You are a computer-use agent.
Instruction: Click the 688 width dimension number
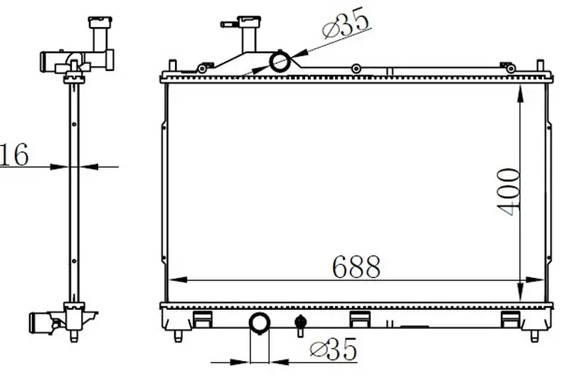tap(356, 266)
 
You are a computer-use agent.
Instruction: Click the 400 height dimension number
tap(509, 192)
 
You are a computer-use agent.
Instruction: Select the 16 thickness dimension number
tap(14, 154)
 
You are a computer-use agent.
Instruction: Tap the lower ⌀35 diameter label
tap(334, 349)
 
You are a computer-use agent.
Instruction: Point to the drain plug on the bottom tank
tap(299, 325)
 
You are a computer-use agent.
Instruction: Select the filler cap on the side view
tap(100, 22)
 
